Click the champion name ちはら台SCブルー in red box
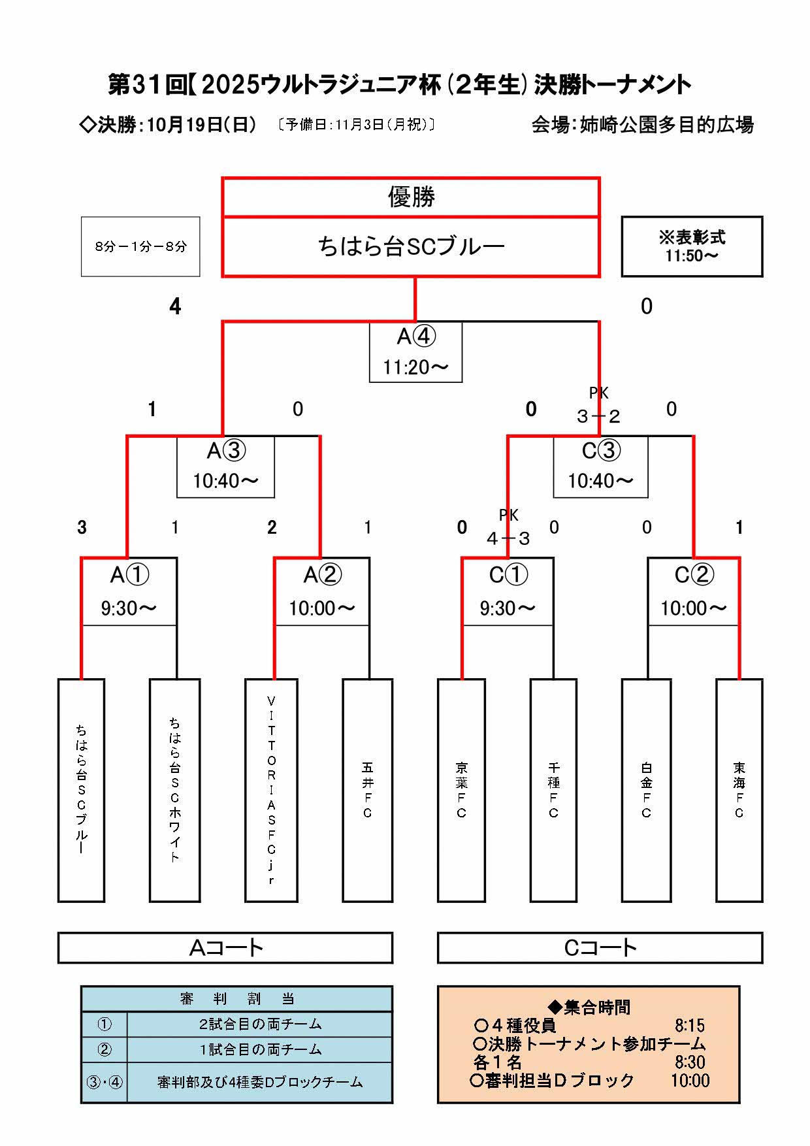coord(411,246)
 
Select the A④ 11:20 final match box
coord(416,352)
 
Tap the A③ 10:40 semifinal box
coord(226,466)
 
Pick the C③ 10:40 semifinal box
coord(600,466)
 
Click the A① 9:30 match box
coord(129,591)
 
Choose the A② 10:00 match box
coord(322,591)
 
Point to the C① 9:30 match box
coord(508,591)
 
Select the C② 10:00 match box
coord(693,591)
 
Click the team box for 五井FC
coord(368,790)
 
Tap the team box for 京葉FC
coord(461,790)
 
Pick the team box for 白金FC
coord(646,790)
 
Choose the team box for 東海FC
coord(739,790)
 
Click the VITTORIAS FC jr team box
coord(271,790)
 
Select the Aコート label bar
coord(225,947)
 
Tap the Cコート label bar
coord(600,947)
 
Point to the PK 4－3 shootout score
coord(508,538)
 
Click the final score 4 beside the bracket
coord(175,306)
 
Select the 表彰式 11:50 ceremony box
coord(692,246)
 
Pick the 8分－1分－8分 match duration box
coord(140,246)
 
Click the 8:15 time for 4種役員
coord(690,1025)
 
